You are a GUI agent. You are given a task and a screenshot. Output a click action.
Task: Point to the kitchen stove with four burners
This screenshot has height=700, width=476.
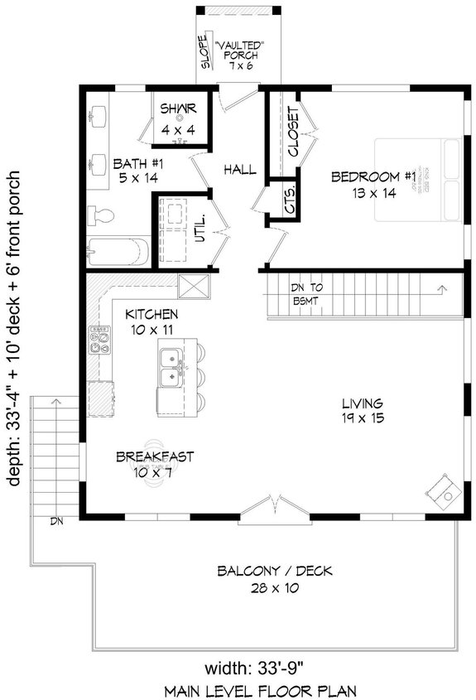100,340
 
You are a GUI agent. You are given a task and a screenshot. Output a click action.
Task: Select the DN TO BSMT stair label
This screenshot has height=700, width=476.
312,293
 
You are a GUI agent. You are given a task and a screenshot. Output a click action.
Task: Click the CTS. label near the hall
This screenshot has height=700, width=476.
289,205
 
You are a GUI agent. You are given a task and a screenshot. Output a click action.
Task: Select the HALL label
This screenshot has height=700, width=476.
239,170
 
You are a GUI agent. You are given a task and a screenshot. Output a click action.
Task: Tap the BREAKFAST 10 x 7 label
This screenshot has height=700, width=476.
155,463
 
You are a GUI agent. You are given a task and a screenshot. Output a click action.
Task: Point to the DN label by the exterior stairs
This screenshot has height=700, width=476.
56,521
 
